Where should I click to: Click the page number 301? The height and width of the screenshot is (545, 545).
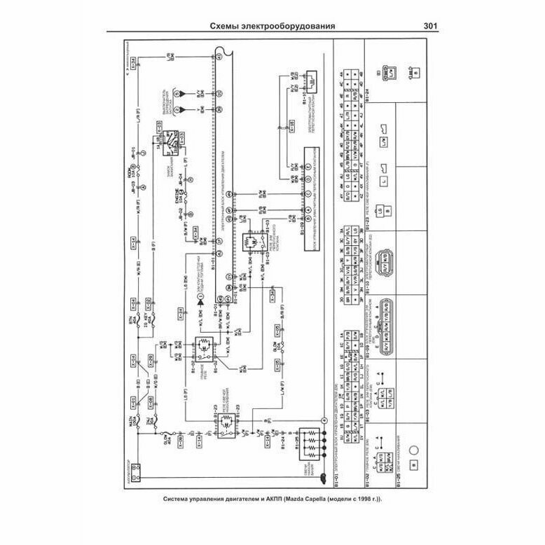431,27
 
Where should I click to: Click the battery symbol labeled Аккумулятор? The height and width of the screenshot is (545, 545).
135,468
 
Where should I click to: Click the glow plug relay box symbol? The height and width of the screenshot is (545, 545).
207,423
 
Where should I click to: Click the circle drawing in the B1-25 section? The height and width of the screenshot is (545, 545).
413,453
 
